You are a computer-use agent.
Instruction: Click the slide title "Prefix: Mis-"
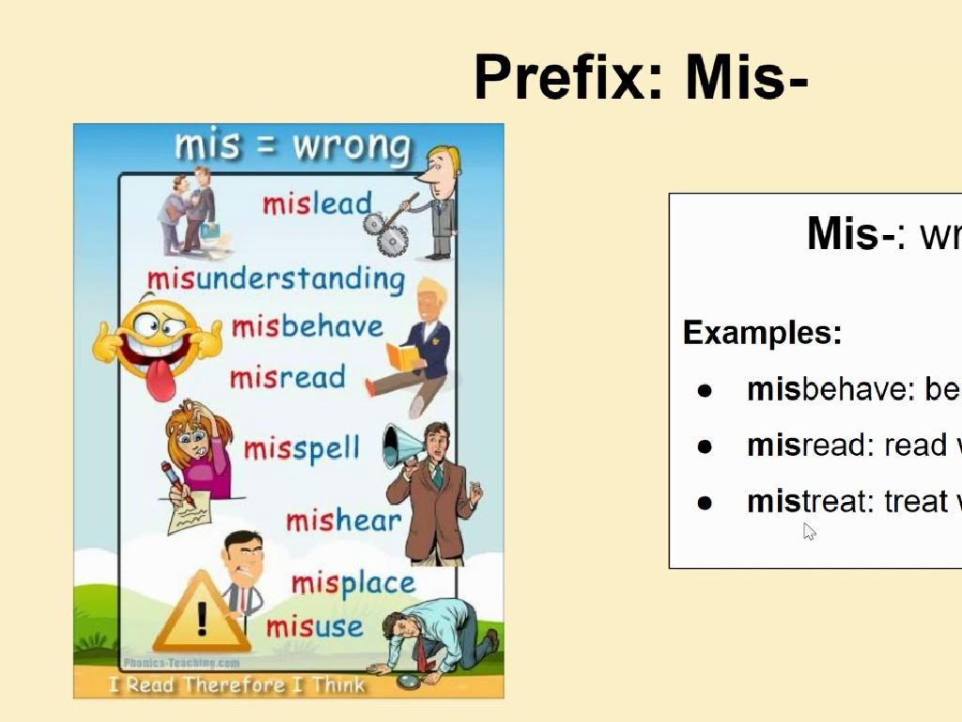(x=641, y=77)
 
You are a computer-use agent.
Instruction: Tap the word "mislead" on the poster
(x=317, y=203)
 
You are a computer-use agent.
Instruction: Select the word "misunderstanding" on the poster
(x=275, y=278)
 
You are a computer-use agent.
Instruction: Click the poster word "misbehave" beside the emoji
(x=307, y=327)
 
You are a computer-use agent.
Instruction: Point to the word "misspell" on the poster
(x=302, y=448)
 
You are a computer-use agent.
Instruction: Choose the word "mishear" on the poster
(x=343, y=520)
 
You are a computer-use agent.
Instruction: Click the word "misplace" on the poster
(x=352, y=583)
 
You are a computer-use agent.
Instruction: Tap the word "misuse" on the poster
(x=314, y=626)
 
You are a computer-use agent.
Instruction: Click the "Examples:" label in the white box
(x=762, y=333)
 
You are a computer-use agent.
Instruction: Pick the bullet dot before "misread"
(x=706, y=447)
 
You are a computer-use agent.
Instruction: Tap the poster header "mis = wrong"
(x=292, y=147)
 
